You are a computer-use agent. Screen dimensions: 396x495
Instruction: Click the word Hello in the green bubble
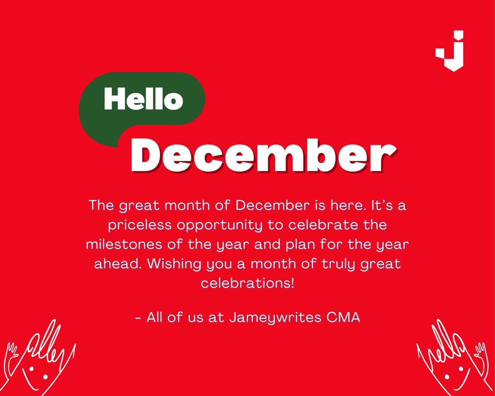coord(143,99)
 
